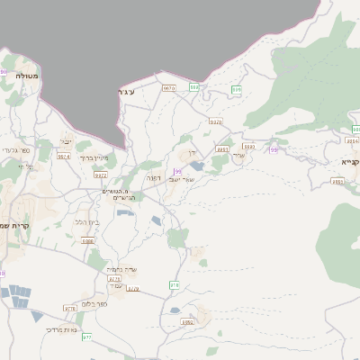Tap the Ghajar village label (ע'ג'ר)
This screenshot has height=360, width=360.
click(126, 92)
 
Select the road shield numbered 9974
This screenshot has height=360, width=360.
click(64, 157)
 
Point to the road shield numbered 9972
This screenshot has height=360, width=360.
click(100, 177)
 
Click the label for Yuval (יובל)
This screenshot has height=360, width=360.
click(66, 141)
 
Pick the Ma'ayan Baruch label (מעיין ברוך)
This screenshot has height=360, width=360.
click(94, 157)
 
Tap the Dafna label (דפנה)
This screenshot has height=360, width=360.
click(153, 178)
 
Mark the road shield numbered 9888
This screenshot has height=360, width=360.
click(87, 240)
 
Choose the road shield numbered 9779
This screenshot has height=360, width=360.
click(114, 279)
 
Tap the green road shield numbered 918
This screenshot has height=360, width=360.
click(174, 284)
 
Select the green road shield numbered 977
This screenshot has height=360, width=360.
click(87, 337)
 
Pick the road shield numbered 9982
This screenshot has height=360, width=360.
click(188, 321)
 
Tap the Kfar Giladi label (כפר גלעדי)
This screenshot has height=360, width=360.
click(16, 150)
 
